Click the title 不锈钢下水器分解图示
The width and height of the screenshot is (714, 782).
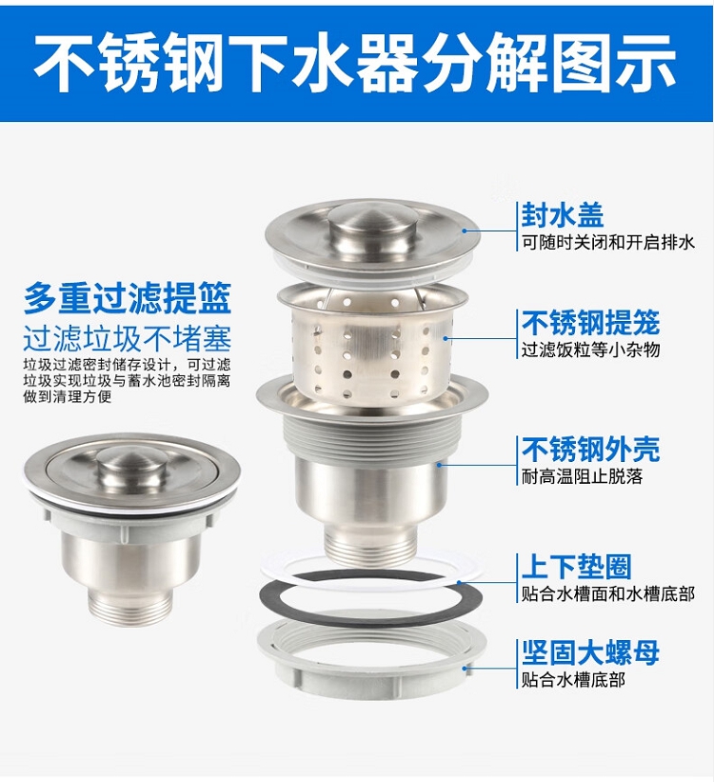coord(356,64)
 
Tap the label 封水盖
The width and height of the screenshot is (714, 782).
coord(563,216)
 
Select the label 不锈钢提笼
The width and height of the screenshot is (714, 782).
coord(590,323)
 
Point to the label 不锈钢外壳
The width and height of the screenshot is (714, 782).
coord(590,450)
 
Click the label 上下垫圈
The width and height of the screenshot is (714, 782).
coord(576,567)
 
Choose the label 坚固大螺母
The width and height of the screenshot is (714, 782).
coord(590,652)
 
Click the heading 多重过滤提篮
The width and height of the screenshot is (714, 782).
coord(128,298)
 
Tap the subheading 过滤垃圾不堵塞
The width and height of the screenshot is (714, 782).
coord(128,339)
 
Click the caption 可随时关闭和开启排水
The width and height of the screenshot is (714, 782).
coord(607,243)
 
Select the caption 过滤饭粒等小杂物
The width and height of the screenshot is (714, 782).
coord(590,350)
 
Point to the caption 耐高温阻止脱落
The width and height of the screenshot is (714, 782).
coord(582,477)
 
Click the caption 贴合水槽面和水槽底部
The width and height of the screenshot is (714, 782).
coord(607,594)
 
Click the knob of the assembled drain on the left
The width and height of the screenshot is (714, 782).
coord(131,466)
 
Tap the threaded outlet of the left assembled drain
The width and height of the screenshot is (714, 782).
coord(131,606)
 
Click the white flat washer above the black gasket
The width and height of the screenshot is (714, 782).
coord(371,572)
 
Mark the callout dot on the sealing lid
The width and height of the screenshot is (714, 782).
coord(464,231)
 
